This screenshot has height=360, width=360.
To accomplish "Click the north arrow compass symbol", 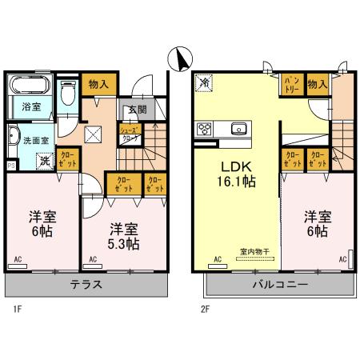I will [x=181, y=58].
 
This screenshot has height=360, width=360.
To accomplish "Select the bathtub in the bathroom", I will [x=30, y=84].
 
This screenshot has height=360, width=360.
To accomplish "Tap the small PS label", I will [x=10, y=166].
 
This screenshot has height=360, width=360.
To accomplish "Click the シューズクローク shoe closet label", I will [x=130, y=133].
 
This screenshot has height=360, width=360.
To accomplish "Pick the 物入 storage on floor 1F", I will [x=98, y=82].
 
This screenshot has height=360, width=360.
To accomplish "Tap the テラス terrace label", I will [x=85, y=285].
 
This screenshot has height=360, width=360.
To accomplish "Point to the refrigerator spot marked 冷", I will [x=205, y=82].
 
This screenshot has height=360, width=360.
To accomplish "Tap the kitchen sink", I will [x=238, y=128].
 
